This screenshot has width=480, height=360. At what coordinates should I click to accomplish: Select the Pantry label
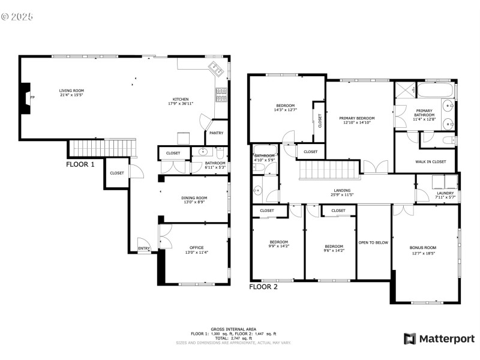217,133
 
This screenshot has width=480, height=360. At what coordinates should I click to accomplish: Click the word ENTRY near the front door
144,248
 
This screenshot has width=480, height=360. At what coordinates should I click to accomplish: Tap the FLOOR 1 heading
80,164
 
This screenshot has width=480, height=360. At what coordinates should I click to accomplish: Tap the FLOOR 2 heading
263,287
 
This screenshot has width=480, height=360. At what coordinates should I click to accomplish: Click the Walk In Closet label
431,161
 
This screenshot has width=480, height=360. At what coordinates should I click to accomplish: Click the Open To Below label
373,243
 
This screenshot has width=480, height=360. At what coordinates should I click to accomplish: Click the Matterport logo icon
410,339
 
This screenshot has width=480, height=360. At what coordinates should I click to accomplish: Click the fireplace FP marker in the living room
32,97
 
